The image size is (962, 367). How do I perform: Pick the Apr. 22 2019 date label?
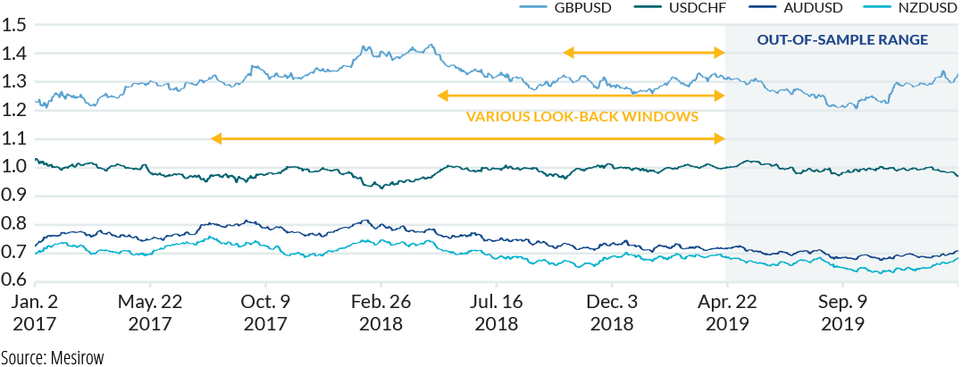[726, 312]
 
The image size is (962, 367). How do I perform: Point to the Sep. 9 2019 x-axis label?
[842, 312]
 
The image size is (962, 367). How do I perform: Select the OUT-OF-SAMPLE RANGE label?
[842, 40]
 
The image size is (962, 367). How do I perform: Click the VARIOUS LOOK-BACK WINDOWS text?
[581, 117]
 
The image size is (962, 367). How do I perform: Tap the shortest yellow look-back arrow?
[644, 53]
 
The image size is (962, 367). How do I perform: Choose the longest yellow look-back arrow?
[467, 138]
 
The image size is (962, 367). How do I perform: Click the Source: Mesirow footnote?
[52, 357]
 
